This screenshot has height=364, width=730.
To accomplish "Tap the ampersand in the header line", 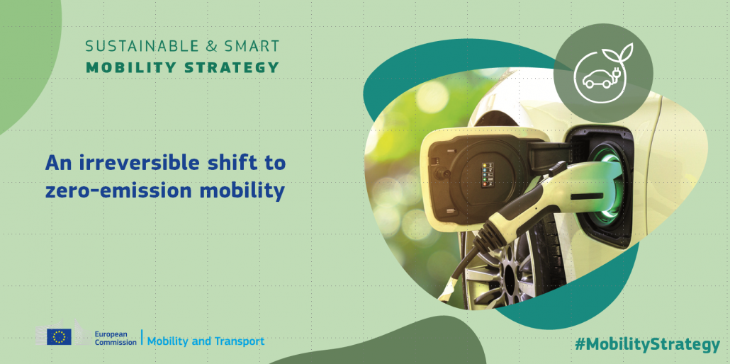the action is (x=210, y=46).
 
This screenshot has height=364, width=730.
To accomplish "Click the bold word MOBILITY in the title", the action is (x=130, y=67).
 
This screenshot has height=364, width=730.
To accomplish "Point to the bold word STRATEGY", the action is (x=232, y=67).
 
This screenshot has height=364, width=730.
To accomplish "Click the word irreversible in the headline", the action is (x=137, y=163).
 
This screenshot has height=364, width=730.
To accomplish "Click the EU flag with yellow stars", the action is (x=59, y=336).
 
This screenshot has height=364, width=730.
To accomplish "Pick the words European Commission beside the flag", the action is (x=116, y=338).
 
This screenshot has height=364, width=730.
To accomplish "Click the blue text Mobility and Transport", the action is (x=206, y=341).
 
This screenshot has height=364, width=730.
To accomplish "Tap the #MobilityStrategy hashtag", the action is (x=647, y=345).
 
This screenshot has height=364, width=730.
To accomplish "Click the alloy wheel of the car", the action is (x=502, y=270).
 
